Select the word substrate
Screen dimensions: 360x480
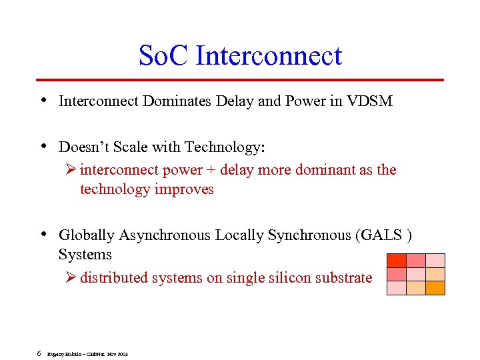click(x=345, y=278)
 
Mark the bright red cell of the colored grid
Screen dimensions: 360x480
click(x=397, y=261)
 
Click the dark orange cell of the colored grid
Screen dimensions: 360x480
click(x=435, y=288)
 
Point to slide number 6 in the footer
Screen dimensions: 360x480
click(x=39, y=353)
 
